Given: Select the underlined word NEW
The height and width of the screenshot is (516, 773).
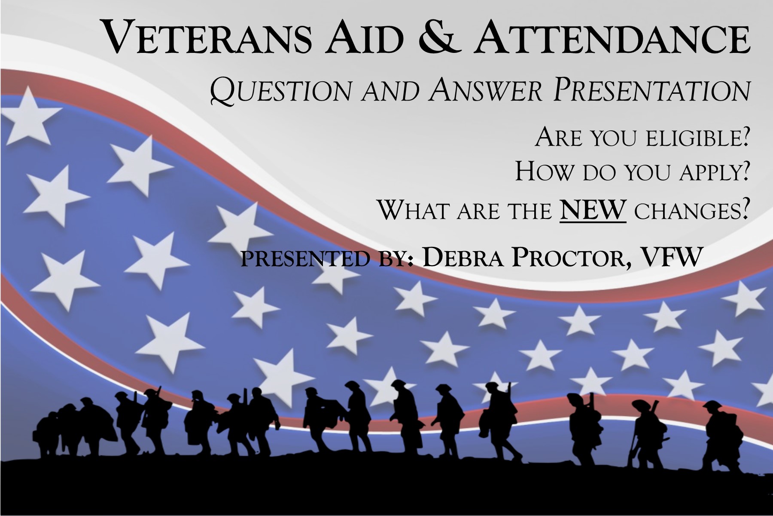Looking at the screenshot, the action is [x=593, y=210].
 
